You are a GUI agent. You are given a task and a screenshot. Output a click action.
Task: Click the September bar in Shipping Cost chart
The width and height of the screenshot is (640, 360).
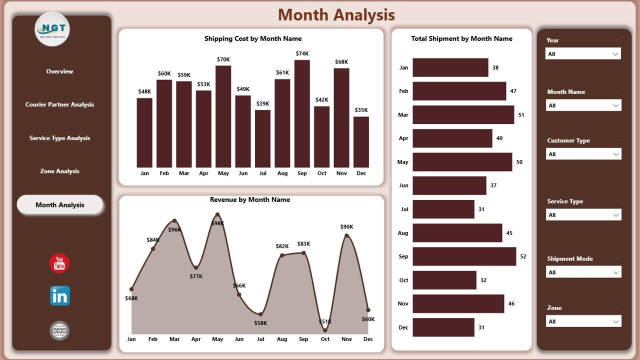tap(302, 113)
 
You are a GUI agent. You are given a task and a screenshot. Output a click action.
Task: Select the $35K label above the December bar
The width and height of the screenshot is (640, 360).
tap(361, 110)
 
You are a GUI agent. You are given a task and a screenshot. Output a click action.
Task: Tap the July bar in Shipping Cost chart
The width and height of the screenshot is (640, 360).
tap(262, 138)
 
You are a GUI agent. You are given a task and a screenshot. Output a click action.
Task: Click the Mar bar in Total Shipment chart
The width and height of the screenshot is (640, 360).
tap(463, 114)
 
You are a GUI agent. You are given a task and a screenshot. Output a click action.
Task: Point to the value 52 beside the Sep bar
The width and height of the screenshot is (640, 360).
tap(523, 256)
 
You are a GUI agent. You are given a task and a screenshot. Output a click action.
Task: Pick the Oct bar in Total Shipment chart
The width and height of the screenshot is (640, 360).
tap(444, 280)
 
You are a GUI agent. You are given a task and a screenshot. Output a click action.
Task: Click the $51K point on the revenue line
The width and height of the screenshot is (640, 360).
tap(325, 330)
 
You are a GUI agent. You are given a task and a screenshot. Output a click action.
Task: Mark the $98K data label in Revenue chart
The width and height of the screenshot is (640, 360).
tap(217, 223)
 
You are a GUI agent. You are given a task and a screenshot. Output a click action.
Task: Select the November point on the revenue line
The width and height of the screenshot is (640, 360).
tap(346, 235)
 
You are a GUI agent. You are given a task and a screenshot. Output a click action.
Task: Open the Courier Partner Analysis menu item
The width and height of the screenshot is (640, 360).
tap(59, 104)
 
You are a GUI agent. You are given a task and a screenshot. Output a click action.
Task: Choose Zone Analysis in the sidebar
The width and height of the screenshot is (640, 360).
tap(59, 171)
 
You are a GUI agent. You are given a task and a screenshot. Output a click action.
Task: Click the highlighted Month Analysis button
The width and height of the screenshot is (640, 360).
tap(59, 205)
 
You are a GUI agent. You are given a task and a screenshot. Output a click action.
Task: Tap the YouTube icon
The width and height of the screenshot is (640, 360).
tap(59, 263)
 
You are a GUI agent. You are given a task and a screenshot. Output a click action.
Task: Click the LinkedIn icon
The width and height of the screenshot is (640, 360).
tap(59, 296)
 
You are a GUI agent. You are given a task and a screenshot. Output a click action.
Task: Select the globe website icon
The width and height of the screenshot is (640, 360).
tap(59, 330)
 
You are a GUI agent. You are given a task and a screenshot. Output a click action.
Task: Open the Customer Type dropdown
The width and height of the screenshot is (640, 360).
tap(583, 154)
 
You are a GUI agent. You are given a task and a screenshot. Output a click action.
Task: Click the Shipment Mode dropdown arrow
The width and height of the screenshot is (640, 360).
tap(616, 272)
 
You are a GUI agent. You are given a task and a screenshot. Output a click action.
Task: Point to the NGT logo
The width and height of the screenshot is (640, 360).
tap(52, 28)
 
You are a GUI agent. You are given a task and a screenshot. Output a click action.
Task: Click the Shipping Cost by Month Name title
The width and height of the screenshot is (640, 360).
tap(253, 38)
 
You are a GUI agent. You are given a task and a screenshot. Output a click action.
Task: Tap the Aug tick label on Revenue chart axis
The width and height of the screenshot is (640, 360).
tap(282, 339)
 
